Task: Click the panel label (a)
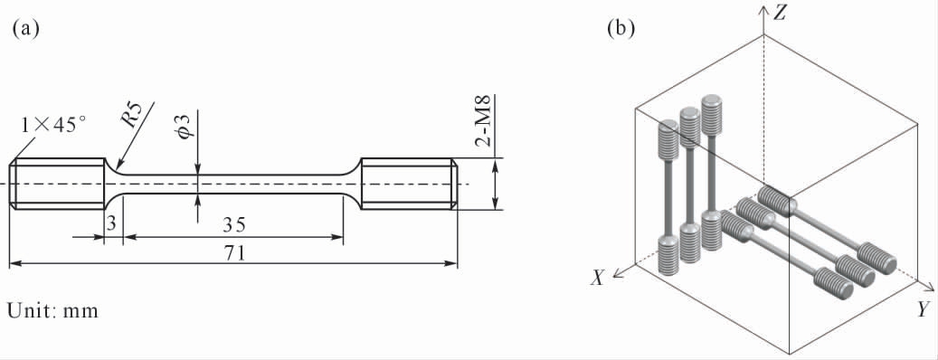click(x=25, y=30)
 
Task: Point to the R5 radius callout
click(x=131, y=115)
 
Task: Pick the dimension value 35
click(x=235, y=225)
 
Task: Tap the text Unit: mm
click(x=52, y=311)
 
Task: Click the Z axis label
click(x=779, y=14)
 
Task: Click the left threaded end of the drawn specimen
click(x=57, y=184)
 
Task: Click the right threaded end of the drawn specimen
click(x=409, y=184)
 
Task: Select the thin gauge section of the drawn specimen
click(x=233, y=184)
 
